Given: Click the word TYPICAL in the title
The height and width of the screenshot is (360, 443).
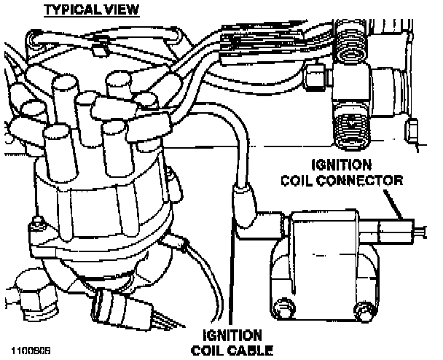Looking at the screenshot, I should click(68, 9).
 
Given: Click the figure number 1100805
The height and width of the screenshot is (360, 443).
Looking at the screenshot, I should click(29, 340).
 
